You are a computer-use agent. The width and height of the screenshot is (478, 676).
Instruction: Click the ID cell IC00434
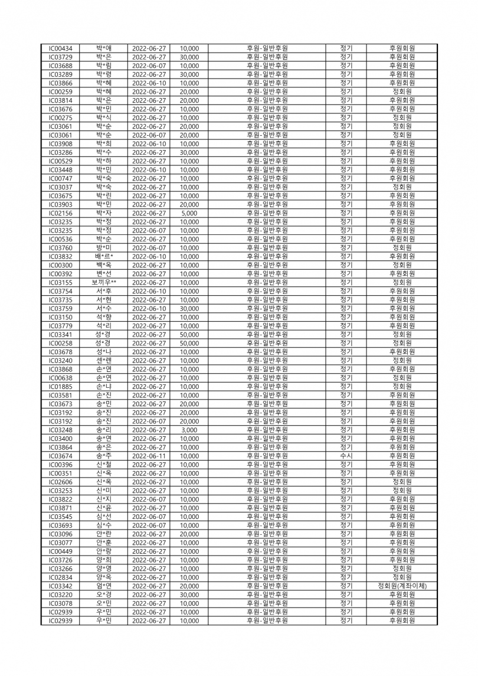61,48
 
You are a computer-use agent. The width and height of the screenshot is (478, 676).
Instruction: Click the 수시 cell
346,456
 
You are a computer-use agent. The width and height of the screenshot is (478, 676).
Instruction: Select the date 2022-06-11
149,456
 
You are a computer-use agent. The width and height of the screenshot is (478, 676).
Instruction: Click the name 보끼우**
104,282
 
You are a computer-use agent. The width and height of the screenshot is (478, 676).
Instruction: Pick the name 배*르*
104,256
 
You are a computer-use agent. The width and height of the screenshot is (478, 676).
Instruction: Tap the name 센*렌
104,360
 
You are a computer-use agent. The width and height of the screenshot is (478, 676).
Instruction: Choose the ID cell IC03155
61,282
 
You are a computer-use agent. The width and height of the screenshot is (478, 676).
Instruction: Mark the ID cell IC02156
61,213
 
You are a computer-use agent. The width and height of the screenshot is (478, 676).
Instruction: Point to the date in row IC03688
149,66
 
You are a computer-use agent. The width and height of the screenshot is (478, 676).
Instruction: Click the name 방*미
104,247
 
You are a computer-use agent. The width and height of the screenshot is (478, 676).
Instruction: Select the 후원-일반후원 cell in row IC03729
267,57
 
